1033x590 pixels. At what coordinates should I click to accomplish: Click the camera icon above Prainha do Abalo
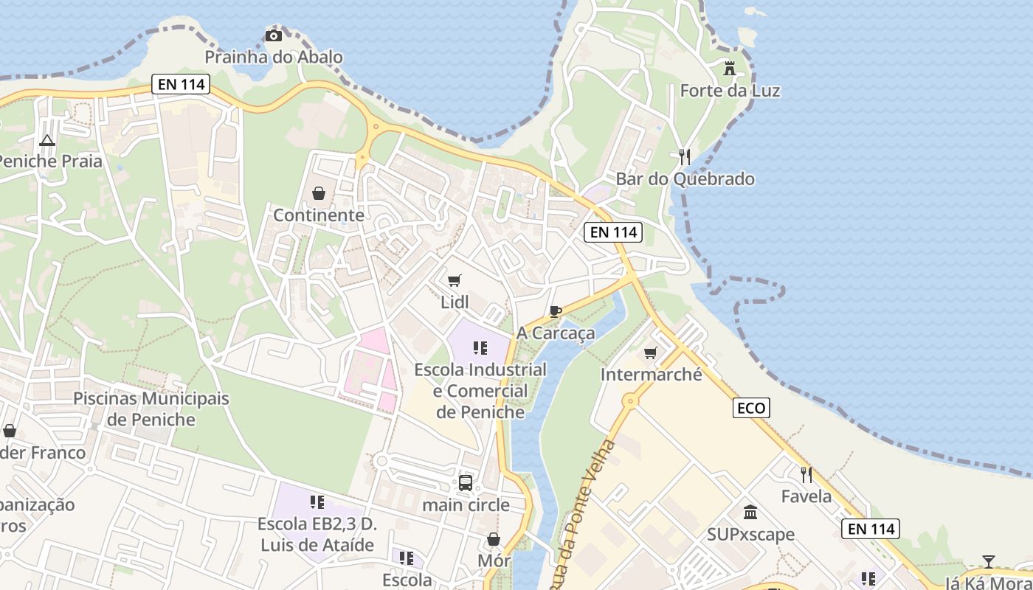[274, 35]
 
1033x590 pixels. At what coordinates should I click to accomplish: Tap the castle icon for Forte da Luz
[730, 69]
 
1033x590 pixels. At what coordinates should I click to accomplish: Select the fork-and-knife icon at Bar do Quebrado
[685, 156]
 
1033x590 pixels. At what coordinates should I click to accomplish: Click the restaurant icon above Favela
[806, 474]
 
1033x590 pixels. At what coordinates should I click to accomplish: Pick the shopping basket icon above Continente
[319, 193]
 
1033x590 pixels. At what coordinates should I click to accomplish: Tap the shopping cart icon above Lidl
[455, 280]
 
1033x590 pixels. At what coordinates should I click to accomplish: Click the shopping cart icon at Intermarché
[651, 353]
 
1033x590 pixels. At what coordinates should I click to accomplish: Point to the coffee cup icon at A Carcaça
[555, 311]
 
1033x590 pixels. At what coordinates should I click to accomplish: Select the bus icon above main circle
[466, 483]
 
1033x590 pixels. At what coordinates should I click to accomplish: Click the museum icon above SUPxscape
[750, 512]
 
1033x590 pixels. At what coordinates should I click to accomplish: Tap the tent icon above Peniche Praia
[47, 139]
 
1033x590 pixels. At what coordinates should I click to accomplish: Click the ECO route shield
[751, 408]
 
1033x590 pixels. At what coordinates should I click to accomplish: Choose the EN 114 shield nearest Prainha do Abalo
[182, 84]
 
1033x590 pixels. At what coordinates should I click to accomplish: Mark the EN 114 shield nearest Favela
[871, 529]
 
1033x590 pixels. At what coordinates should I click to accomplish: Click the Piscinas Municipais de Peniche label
[151, 409]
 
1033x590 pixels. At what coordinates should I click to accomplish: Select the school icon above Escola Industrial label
[480, 347]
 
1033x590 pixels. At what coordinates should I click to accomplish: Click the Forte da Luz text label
[730, 91]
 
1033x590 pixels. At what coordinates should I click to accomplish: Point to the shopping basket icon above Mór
[494, 540]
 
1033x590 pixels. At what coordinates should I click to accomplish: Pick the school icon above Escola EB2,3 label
[317, 502]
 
